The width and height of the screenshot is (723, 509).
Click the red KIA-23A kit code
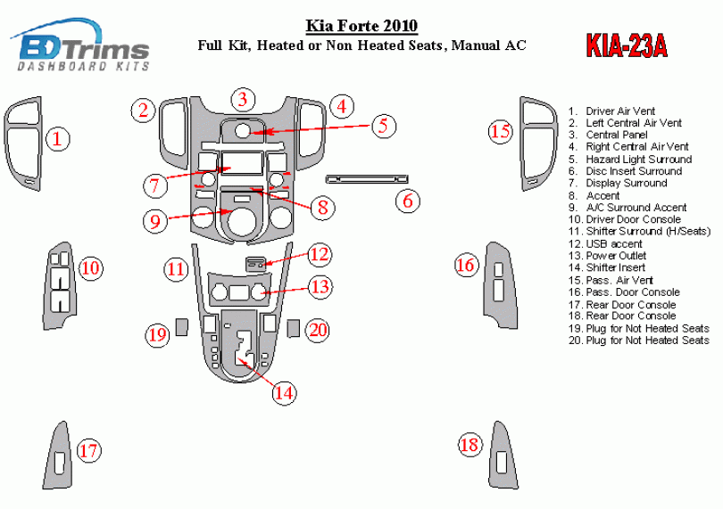click(627, 46)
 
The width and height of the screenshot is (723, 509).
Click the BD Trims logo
click(80, 45)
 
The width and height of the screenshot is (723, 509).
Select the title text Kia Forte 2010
click(362, 26)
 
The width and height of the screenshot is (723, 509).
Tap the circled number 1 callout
click(58, 139)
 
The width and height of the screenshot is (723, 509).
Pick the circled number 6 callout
click(408, 201)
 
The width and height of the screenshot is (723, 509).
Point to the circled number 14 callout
click(284, 393)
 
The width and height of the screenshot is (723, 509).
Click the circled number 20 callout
click(318, 330)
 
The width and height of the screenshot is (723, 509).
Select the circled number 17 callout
click(88, 450)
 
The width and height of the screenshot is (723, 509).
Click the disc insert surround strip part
click(367, 179)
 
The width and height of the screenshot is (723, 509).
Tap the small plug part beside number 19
click(182, 327)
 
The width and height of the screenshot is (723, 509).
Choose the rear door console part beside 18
click(503, 456)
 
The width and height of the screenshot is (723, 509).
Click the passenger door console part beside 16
click(500, 284)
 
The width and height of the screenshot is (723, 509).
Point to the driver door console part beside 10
click(60, 285)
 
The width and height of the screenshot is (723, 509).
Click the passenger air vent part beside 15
click(538, 144)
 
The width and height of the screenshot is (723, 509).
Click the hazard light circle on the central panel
click(242, 130)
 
